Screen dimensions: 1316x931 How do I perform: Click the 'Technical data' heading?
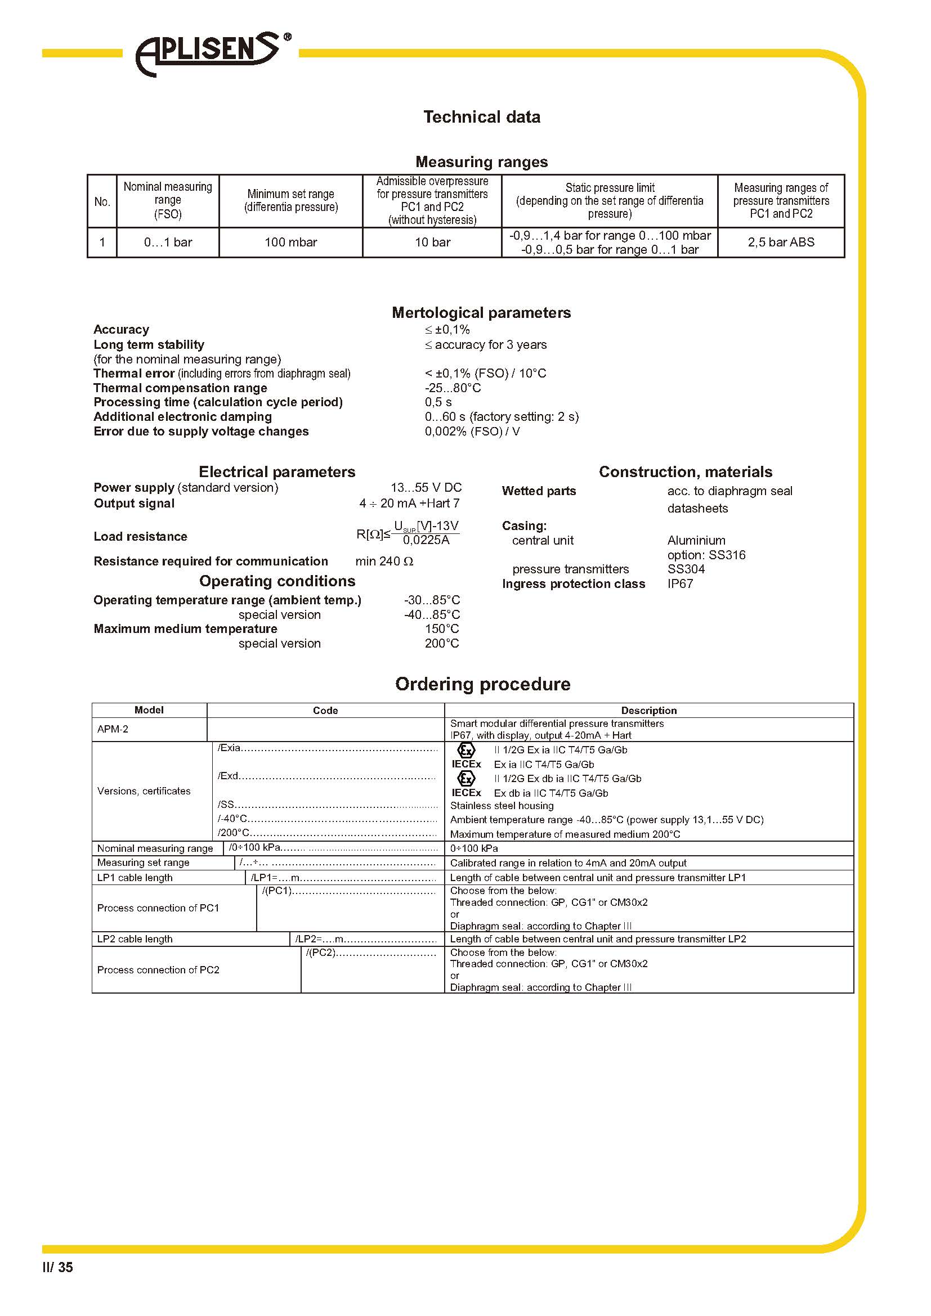click(x=482, y=117)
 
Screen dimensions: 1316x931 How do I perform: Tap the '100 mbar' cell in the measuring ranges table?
click(x=290, y=242)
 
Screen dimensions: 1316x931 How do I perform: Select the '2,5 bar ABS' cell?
click(x=781, y=242)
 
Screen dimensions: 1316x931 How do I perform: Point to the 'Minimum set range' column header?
click(x=290, y=201)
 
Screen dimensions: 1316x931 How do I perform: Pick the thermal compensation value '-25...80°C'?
click(x=453, y=388)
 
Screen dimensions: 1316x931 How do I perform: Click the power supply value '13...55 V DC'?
click(x=426, y=488)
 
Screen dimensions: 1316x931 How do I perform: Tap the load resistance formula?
click(x=408, y=533)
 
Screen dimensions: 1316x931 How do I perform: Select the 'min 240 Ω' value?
click(x=384, y=562)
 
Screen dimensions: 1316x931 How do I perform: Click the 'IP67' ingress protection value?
click(x=680, y=584)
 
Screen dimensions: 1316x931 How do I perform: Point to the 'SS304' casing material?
click(x=686, y=569)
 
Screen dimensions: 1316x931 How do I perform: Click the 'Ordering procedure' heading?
click(x=482, y=684)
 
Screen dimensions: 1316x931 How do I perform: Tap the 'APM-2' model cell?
click(x=113, y=729)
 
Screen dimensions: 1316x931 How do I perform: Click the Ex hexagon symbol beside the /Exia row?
click(x=466, y=749)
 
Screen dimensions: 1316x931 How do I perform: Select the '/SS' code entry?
click(x=226, y=805)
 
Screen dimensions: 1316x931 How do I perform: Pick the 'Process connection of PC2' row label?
click(x=158, y=970)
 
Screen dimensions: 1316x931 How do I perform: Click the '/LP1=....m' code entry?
click(x=276, y=878)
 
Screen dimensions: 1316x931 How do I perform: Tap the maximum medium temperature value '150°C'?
click(x=441, y=629)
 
